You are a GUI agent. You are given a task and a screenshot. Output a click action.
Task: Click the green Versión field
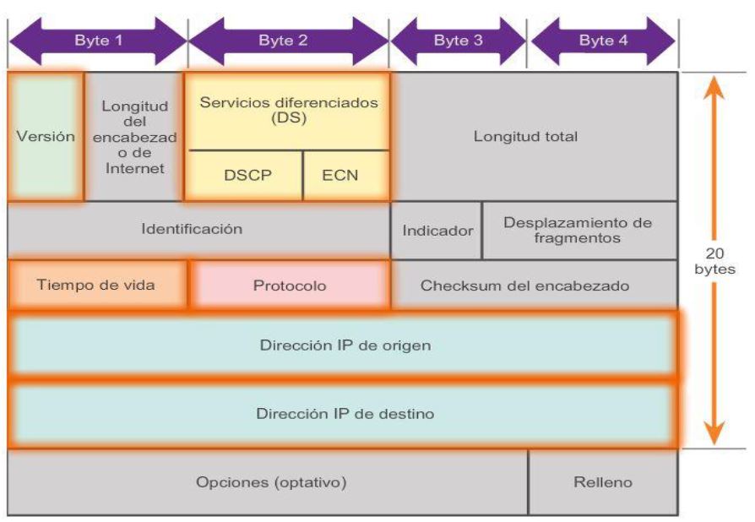pyautogui.click(x=46, y=136)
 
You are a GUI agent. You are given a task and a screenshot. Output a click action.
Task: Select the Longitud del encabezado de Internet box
pyautogui.click(x=134, y=136)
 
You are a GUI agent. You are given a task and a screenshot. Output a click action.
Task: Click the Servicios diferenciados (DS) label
pyautogui.click(x=288, y=111)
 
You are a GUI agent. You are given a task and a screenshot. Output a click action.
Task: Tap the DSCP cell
pyautogui.click(x=246, y=176)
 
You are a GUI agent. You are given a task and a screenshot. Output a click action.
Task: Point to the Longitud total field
pyautogui.click(x=534, y=136)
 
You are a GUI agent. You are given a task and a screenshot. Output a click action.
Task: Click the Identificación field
pyautogui.click(x=199, y=230)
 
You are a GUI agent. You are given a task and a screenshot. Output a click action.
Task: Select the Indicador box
pyautogui.click(x=437, y=231)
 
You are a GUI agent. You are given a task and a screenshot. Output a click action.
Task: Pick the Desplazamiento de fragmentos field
pyautogui.click(x=578, y=231)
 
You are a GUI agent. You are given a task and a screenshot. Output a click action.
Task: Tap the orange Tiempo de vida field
pyautogui.click(x=96, y=285)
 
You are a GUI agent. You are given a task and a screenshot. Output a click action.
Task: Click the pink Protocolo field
pyautogui.click(x=290, y=285)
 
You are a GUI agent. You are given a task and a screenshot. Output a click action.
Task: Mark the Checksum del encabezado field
pyautogui.click(x=534, y=285)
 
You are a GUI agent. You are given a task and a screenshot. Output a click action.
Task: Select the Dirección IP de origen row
pyautogui.click(x=342, y=345)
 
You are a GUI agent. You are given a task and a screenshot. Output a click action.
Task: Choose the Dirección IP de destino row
pyautogui.click(x=342, y=415)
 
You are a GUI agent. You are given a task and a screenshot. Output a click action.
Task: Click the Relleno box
pyautogui.click(x=603, y=482)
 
